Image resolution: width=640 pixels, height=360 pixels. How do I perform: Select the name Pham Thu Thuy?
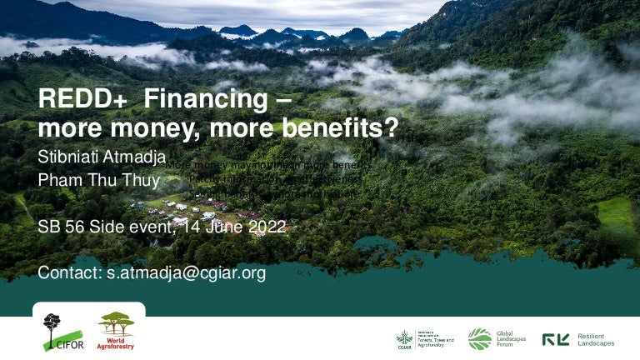(99, 179)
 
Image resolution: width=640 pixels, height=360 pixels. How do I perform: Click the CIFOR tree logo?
(52, 331)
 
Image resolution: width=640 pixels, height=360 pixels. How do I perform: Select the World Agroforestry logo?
(116, 331)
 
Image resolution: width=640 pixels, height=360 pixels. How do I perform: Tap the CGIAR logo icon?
(404, 338)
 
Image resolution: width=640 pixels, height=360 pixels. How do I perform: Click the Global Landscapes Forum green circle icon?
(479, 338)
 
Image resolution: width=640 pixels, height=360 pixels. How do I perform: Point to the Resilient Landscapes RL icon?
(556, 339)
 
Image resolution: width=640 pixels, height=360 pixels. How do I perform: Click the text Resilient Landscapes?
(596, 339)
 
